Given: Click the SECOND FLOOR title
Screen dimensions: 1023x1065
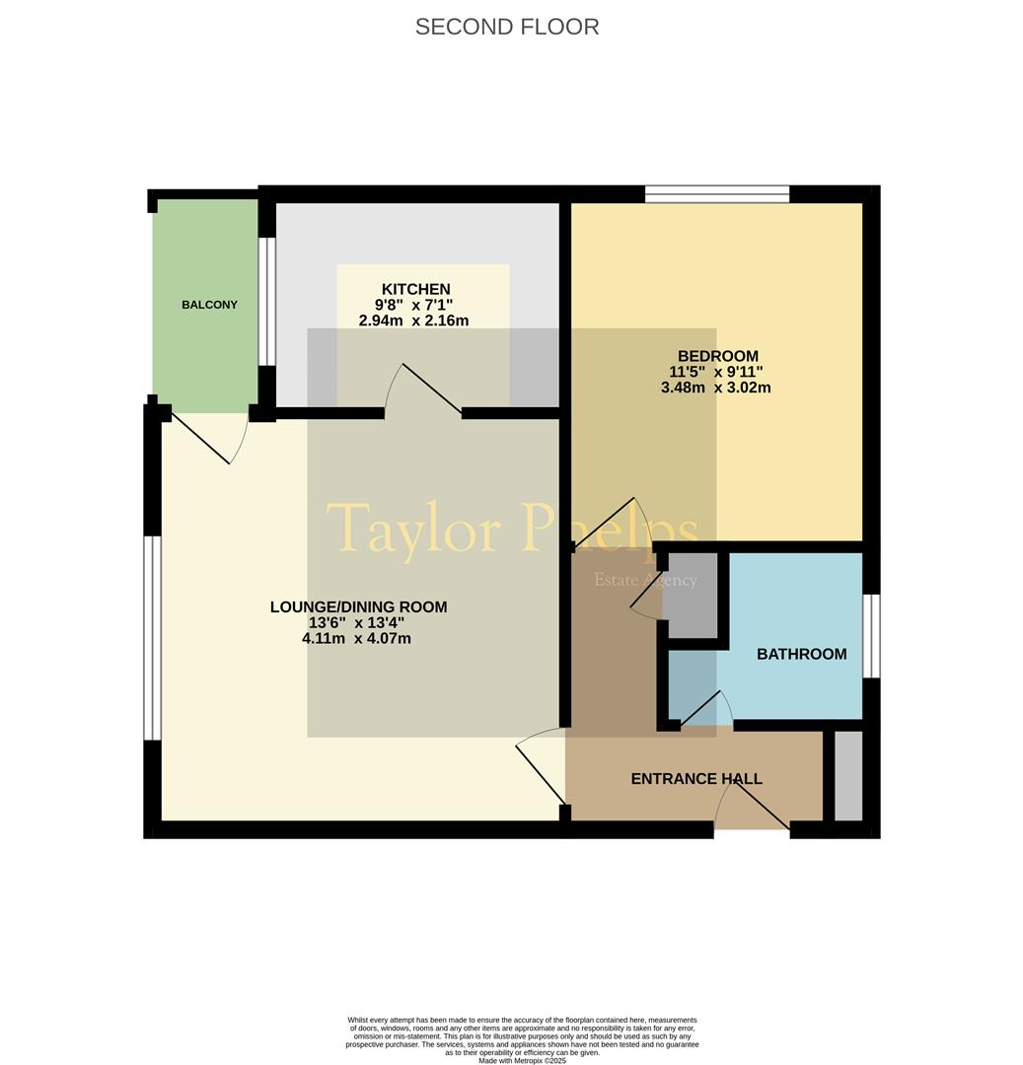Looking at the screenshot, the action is [x=507, y=27].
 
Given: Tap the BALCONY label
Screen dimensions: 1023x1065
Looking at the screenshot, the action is [x=209, y=305].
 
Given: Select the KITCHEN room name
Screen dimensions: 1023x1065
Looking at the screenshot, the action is [x=415, y=289].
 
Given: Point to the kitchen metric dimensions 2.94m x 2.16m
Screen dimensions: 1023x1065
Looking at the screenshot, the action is [x=413, y=320].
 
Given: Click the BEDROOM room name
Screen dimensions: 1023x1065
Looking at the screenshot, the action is [x=718, y=356].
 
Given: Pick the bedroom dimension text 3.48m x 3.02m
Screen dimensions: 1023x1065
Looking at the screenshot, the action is [x=716, y=388].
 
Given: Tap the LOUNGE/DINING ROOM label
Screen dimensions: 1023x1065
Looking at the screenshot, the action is [x=359, y=607].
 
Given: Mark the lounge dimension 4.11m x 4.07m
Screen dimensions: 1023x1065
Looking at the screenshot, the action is [x=357, y=638].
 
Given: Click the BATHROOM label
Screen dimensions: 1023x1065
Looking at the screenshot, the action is [x=802, y=654].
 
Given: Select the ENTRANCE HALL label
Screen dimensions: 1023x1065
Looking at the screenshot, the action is [x=696, y=779].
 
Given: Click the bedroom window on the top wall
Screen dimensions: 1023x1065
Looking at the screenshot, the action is [x=717, y=194].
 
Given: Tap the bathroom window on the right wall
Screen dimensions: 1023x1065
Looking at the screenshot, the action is [x=871, y=636].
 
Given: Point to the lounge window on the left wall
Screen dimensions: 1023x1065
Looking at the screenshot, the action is [x=152, y=638].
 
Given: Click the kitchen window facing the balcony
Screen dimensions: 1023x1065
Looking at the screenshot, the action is [x=267, y=302].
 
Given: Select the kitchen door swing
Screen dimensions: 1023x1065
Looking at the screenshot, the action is [x=422, y=390].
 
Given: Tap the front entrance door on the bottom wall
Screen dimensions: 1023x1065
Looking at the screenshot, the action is [x=752, y=802].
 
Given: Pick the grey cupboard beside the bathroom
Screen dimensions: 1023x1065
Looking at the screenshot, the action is [x=691, y=596].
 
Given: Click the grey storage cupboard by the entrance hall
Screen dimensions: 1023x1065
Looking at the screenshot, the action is [x=848, y=776].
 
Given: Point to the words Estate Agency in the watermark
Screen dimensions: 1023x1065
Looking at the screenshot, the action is [x=645, y=580].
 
